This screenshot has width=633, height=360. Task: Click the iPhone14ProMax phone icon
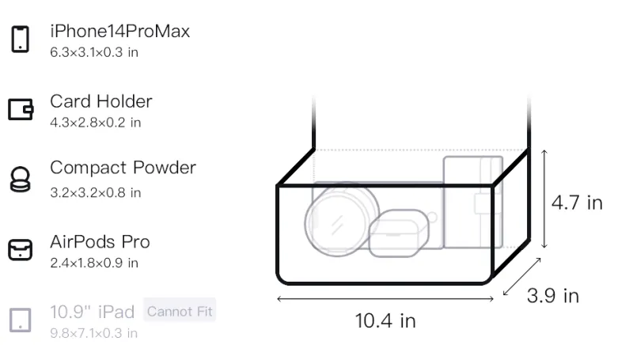click(21, 39)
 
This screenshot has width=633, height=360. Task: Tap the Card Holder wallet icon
click(21, 109)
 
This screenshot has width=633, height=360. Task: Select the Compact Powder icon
click(20, 179)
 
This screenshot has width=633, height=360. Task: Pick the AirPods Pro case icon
click(21, 249)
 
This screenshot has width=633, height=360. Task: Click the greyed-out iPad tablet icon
click(21, 320)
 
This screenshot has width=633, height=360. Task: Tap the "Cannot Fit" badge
click(180, 311)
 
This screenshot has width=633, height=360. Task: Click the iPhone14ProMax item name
click(120, 31)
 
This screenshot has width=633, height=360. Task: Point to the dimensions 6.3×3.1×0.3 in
click(94, 52)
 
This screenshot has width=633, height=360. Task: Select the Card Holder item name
click(101, 101)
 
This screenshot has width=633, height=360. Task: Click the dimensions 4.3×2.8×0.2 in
click(95, 123)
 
